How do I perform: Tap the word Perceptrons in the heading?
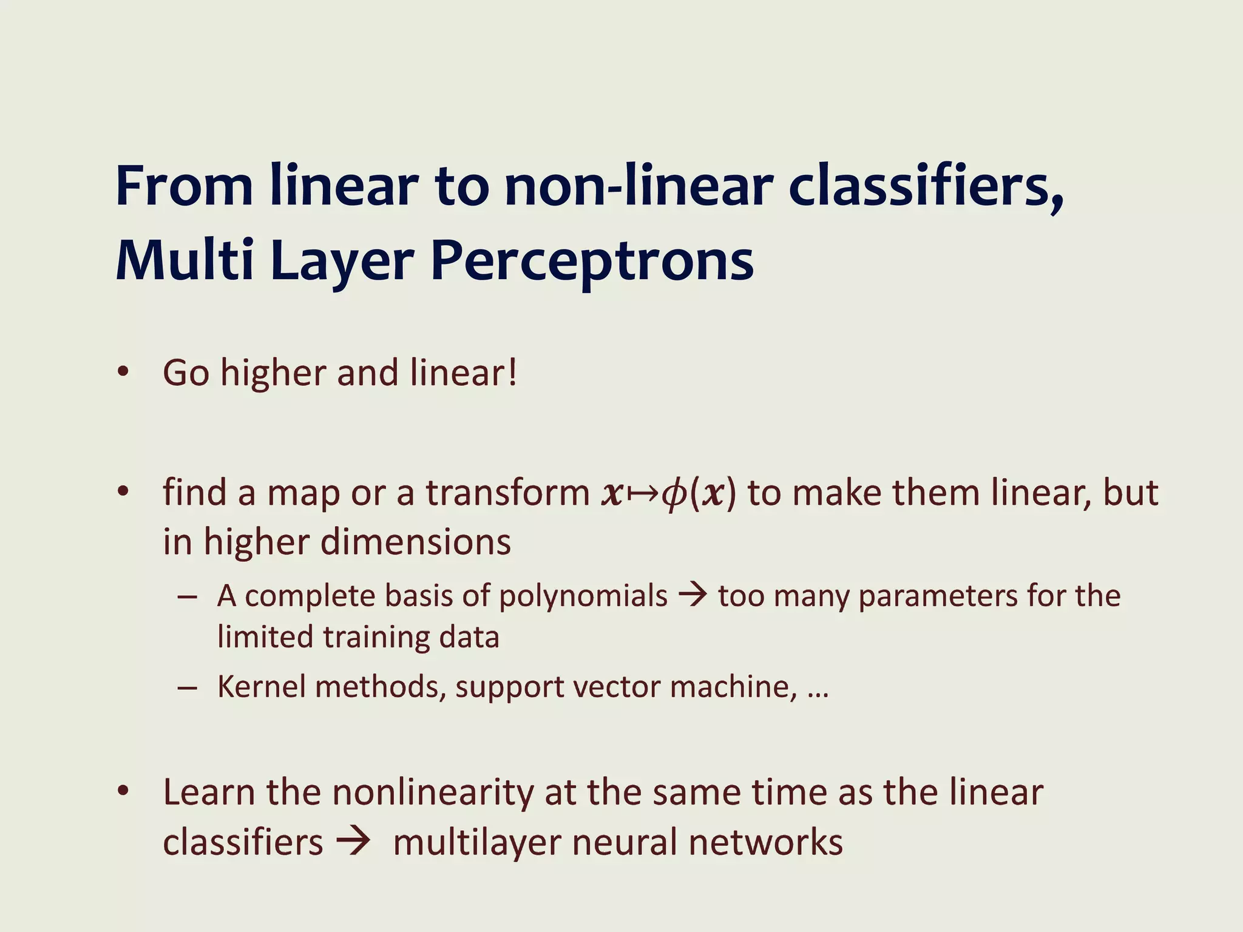[x=592, y=261]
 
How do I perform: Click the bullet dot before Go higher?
[x=124, y=372]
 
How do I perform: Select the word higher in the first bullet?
[x=273, y=372]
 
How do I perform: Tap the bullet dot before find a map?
[x=124, y=491]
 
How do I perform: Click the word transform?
[x=507, y=492]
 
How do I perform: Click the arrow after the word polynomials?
[x=693, y=595]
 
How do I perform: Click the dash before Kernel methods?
[x=187, y=688]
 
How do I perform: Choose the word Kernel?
[x=261, y=687]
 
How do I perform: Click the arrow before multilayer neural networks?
[x=353, y=842]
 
